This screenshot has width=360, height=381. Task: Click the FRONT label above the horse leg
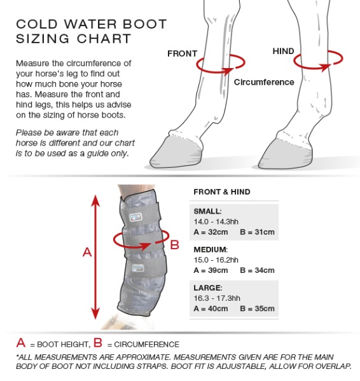click(182, 53)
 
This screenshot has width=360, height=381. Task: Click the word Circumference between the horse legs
click(264, 82)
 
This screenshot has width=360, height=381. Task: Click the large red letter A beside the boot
click(88, 252)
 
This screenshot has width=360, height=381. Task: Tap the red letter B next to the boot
click(174, 245)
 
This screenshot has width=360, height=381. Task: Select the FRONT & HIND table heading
click(221, 192)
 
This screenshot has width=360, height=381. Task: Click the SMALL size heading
click(207, 211)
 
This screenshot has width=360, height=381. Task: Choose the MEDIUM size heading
click(210, 250)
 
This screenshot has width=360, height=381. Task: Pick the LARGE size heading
click(207, 288)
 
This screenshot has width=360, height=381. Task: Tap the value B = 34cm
click(257, 270)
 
